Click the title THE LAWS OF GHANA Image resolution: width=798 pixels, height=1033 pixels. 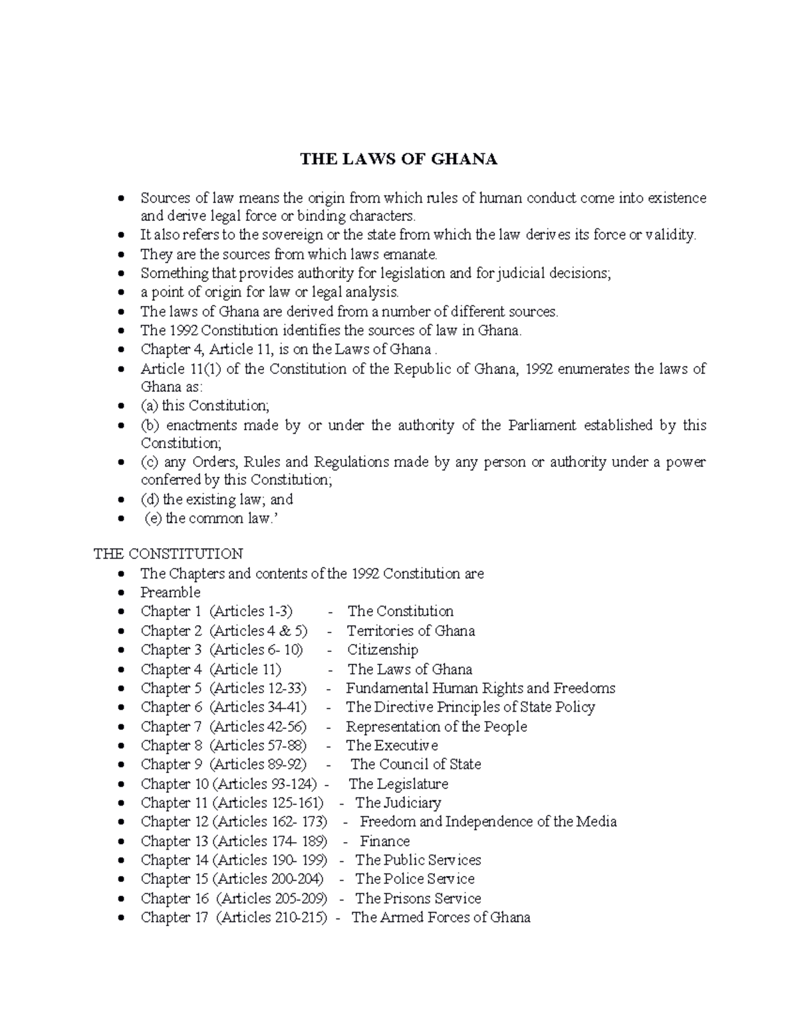(x=398, y=160)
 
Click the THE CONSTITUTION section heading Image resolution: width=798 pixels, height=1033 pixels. (x=168, y=553)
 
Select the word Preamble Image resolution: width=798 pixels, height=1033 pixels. (x=170, y=592)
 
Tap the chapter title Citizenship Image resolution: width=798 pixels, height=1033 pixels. (x=382, y=650)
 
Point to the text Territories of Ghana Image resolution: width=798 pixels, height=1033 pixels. (x=410, y=631)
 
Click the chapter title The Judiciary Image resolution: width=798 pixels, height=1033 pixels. (x=398, y=803)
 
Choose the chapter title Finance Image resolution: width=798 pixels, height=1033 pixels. (x=384, y=841)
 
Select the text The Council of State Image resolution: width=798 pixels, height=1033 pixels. (x=416, y=764)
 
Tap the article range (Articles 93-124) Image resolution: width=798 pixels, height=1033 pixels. (x=265, y=784)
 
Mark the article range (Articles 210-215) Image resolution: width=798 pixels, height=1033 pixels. (x=272, y=918)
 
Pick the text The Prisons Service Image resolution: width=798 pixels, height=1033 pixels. (x=418, y=899)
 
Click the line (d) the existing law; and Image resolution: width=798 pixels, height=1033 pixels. (x=217, y=500)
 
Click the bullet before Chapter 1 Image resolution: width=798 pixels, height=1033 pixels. (x=120, y=612)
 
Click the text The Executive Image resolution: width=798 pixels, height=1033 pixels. (x=392, y=746)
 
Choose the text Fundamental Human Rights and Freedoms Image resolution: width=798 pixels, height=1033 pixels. (x=480, y=688)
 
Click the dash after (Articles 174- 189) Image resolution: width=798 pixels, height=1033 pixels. (x=345, y=841)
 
